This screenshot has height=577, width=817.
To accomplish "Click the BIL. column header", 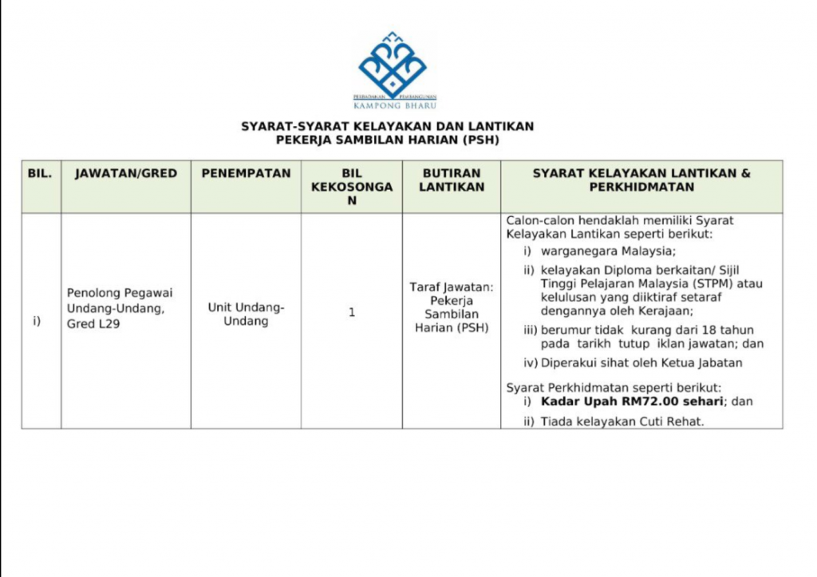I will click(x=40, y=173).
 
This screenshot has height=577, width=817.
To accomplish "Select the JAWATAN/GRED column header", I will click(x=126, y=173).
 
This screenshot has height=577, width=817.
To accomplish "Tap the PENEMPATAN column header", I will click(x=246, y=173).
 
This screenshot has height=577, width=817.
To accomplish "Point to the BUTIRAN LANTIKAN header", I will click(x=452, y=180).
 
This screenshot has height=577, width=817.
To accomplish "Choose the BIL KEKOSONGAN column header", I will click(x=351, y=187).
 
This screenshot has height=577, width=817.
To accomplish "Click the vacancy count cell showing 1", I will click(x=351, y=312).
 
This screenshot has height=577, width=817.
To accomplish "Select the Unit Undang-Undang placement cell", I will click(x=246, y=314).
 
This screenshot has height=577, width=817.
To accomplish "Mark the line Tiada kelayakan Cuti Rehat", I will click(x=622, y=421).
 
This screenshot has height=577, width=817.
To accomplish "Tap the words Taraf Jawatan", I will click(x=452, y=286).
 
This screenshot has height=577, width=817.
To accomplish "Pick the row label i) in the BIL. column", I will click(x=37, y=321).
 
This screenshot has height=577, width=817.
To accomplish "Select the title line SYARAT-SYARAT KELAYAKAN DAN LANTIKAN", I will click(x=388, y=126).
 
